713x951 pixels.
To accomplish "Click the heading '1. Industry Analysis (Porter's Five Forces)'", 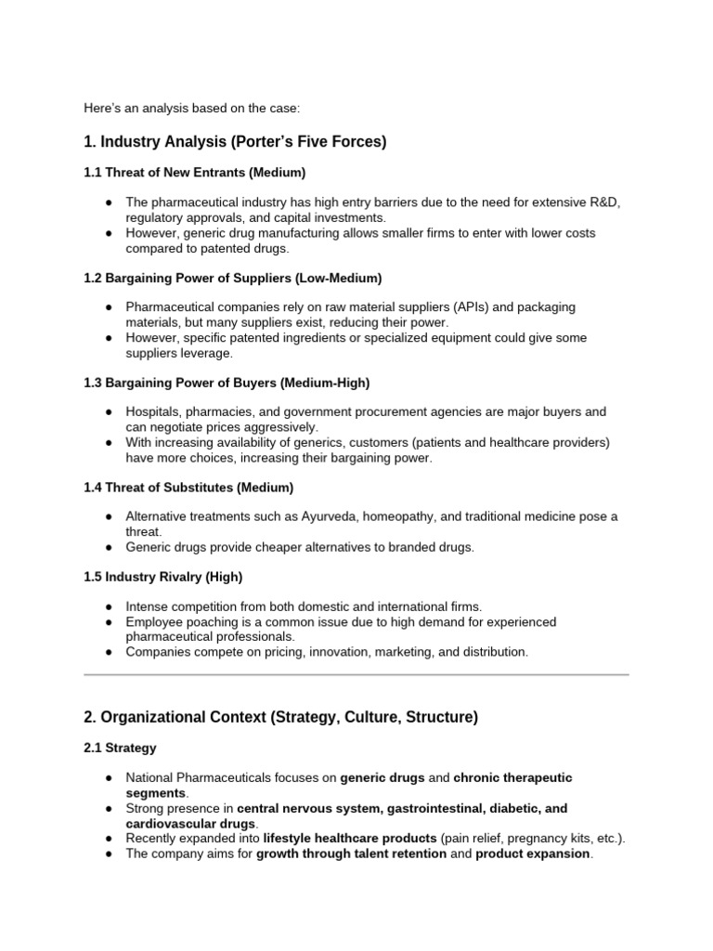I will point(235,142).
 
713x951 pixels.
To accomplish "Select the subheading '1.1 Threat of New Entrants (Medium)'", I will point(195,173).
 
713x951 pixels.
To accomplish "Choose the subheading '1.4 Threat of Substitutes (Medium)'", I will point(189,487).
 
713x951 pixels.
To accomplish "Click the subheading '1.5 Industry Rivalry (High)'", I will point(163,577).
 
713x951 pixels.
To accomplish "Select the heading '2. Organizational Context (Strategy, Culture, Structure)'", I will point(280,716).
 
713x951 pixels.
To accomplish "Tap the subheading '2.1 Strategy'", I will point(121,748).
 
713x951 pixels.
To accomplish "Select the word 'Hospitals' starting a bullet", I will point(153,411).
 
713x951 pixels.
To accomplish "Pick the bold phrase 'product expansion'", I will point(533,853).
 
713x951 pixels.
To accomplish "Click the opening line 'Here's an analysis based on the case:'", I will point(192,109).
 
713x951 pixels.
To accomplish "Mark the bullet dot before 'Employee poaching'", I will point(110,621).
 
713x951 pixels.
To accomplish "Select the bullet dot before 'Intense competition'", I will point(110,606).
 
